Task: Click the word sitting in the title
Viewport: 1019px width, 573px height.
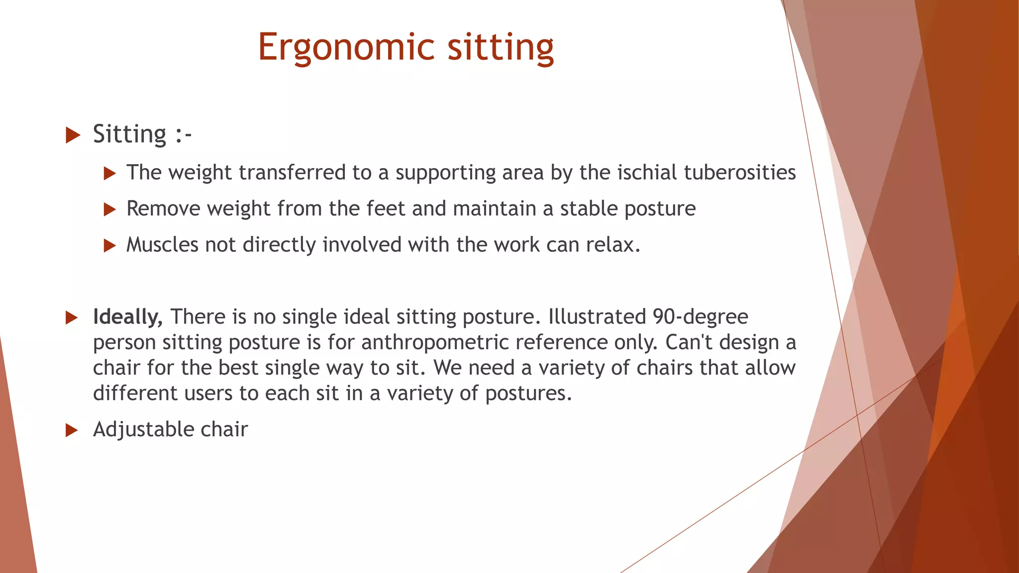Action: pos(501,47)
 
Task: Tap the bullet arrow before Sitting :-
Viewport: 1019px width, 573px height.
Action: pos(73,135)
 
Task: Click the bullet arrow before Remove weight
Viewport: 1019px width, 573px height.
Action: pos(109,209)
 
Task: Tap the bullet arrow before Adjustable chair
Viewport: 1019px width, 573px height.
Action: pos(72,430)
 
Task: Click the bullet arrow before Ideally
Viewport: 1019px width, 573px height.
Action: pos(72,318)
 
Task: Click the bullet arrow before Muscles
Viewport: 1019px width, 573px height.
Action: pos(109,246)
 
